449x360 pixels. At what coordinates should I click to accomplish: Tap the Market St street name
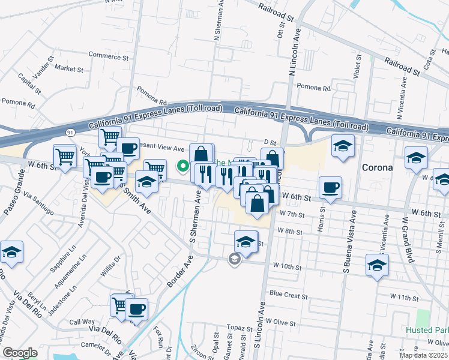pyautogui.click(x=68, y=69)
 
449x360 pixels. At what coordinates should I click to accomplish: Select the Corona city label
pyautogui.click(x=378, y=167)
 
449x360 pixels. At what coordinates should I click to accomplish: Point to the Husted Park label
pyautogui.click(x=426, y=331)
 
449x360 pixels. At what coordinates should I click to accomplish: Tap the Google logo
pyautogui.click(x=19, y=353)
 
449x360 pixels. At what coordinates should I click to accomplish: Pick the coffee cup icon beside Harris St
pyautogui.click(x=330, y=187)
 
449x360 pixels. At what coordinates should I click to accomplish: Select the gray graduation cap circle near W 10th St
pyautogui.click(x=234, y=259)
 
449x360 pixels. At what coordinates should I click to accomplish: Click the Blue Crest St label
pyautogui.click(x=288, y=295)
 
